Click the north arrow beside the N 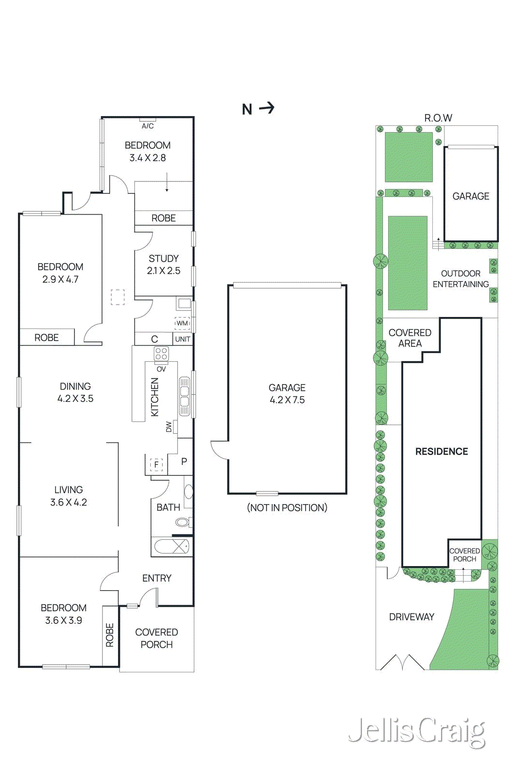pyautogui.click(x=267, y=108)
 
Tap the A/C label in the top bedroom pyautogui.click(x=147, y=126)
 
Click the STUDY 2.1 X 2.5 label pyautogui.click(x=163, y=265)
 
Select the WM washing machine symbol pyautogui.click(x=182, y=323)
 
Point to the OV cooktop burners pyautogui.click(x=161, y=354)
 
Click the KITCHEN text pyautogui.click(x=155, y=397)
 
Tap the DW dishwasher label pyautogui.click(x=169, y=427)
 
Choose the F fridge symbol pyautogui.click(x=156, y=464)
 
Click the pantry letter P pyautogui.click(x=184, y=461)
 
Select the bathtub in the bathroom pyautogui.click(x=172, y=547)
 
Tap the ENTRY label pyautogui.click(x=157, y=578)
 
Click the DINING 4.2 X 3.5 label pyautogui.click(x=75, y=392)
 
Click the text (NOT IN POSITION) pyautogui.click(x=287, y=507)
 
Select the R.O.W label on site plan pyautogui.click(x=438, y=118)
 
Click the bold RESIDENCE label pyautogui.click(x=442, y=451)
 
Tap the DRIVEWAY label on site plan pyautogui.click(x=412, y=617)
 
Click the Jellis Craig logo pyautogui.click(x=417, y=731)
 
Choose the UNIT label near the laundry pyautogui.click(x=182, y=339)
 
